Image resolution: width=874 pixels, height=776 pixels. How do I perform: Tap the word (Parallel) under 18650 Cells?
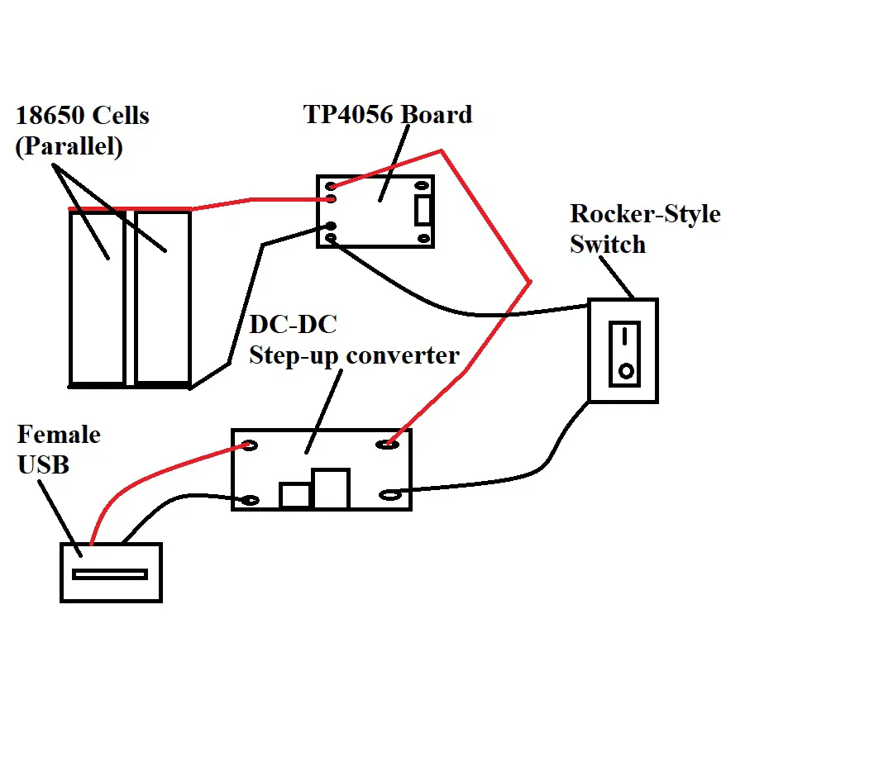pos(69,146)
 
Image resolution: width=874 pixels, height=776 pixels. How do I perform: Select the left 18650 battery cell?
pos(97,298)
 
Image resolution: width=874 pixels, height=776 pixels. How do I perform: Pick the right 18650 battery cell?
pos(163,298)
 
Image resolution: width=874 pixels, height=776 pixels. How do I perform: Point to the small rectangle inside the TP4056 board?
pos(423,211)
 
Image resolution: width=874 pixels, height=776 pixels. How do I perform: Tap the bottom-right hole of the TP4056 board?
pos(424,238)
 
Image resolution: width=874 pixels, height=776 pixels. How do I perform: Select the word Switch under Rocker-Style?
pos(607,245)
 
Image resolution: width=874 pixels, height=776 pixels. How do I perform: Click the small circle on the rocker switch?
pos(626,372)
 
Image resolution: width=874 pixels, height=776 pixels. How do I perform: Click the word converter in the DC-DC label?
pos(403,355)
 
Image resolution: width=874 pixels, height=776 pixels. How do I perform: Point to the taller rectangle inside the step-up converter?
pos(331,488)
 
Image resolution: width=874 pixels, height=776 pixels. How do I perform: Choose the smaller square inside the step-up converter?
pos(294,495)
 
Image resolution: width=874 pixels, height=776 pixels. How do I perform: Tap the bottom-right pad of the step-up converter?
pos(389,495)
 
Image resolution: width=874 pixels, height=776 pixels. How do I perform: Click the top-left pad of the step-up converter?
pos(248,446)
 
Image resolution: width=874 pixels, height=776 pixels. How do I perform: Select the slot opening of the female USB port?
pos(109,574)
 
